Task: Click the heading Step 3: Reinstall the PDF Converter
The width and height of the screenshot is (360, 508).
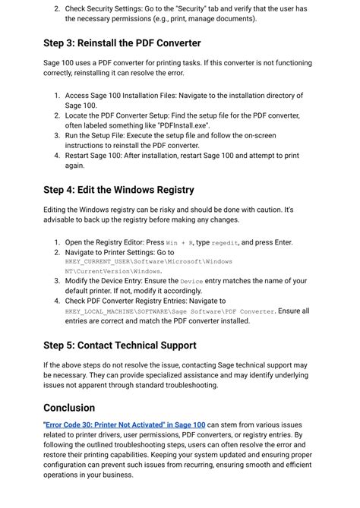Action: coord(122,43)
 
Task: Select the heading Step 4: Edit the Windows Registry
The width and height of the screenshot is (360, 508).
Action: coord(118,190)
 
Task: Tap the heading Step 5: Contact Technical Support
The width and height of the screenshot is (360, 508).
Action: coord(120,346)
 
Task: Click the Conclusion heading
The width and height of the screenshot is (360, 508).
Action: coord(69,408)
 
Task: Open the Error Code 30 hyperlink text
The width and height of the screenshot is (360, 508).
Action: coord(125,425)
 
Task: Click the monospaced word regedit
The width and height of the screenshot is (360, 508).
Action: coord(225,243)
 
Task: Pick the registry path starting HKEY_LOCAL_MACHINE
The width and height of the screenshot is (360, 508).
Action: coord(170,311)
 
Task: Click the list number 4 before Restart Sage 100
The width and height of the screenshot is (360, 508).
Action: coord(57,155)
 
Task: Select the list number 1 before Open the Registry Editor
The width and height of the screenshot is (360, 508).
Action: coord(57,242)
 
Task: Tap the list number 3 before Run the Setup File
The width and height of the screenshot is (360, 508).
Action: coord(57,135)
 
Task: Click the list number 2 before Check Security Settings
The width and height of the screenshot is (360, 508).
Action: coord(57,8)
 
